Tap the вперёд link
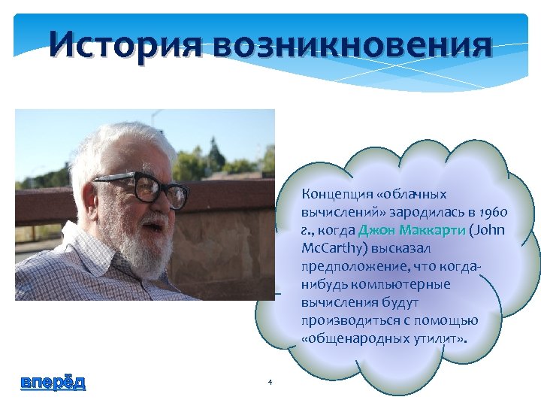pyautogui.click(x=53, y=382)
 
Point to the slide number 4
pyautogui.click(x=269, y=383)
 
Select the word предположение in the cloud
pyautogui.click(x=346, y=266)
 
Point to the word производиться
pyautogui.click(x=342, y=320)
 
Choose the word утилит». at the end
pyautogui.click(x=440, y=338)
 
